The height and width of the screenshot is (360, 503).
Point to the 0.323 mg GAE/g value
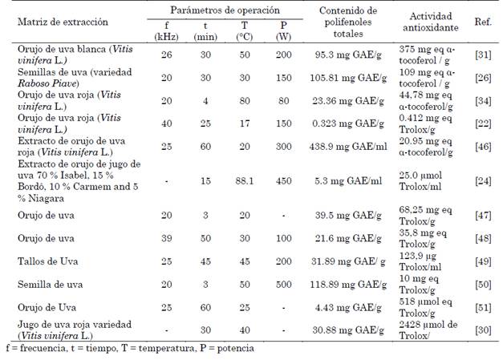[347, 123]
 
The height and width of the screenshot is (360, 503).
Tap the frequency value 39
[165, 239]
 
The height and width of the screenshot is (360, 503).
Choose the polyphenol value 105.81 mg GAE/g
[347, 79]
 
